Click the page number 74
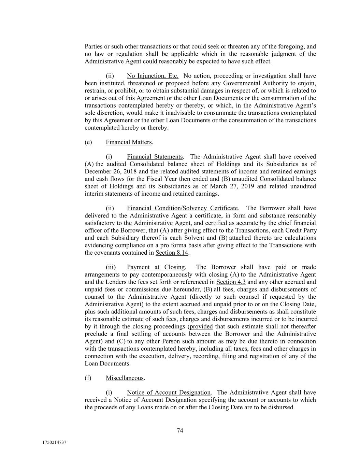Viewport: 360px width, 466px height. coord(180,430)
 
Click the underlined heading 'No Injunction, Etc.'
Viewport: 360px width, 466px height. coord(153,76)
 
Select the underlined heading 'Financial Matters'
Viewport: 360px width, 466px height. coord(129,142)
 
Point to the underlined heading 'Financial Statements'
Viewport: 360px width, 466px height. coord(155,157)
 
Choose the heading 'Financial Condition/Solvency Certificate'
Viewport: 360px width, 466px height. coord(182,208)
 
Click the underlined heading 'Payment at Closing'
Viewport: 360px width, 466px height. coord(156,267)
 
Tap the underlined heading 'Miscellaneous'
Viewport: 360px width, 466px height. coord(125,378)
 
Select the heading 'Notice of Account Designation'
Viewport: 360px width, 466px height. coord(169,393)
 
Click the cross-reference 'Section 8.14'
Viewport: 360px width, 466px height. coord(172,253)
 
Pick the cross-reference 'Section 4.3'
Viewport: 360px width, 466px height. coord(231,282)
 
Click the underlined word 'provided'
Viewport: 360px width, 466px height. coord(201,326)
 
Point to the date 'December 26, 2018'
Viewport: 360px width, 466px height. coord(108,171)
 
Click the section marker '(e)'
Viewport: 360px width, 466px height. coord(88,142)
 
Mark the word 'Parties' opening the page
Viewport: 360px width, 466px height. coord(93,46)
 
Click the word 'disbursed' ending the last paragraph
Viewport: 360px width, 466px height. coord(282,407)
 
